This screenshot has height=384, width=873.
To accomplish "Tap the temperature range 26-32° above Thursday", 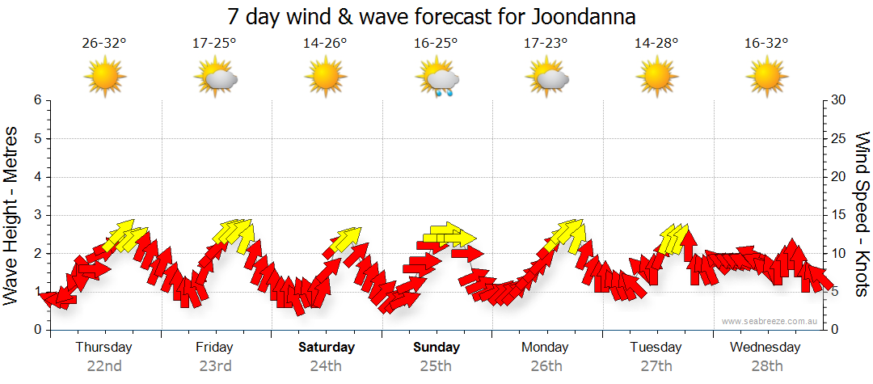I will tap(104, 43).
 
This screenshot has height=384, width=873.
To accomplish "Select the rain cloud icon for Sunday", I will tap(437, 78).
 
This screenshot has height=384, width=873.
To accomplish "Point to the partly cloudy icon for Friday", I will tap(215, 78).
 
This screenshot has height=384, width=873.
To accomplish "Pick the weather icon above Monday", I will tap(547, 78).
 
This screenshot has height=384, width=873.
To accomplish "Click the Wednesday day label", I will tap(765, 348).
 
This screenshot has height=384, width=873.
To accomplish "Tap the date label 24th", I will tap(327, 366).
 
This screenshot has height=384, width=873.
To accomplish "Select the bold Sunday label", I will tap(436, 348).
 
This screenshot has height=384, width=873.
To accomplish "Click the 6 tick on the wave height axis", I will tap(37, 100).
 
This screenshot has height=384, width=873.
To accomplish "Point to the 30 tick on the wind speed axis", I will tap(838, 100).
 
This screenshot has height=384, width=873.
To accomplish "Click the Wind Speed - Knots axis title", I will tap(861, 214).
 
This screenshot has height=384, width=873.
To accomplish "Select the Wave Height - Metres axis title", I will tap(11, 214).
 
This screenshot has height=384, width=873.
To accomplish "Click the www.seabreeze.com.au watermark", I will tap(770, 321).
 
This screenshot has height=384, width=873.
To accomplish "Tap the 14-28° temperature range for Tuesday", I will tap(656, 43).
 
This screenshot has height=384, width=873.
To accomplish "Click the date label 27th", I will tap(656, 366).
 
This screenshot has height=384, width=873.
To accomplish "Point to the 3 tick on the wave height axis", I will tap(37, 215).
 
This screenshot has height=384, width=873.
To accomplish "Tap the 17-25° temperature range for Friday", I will tap(214, 43).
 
